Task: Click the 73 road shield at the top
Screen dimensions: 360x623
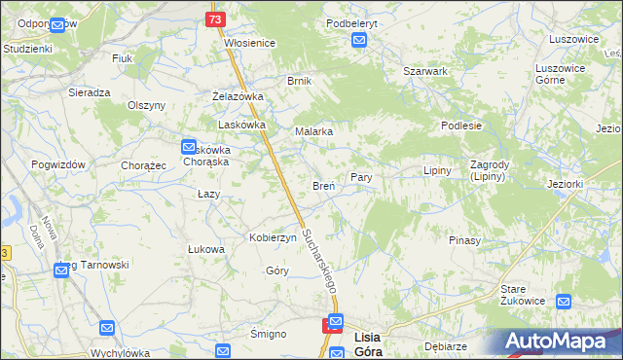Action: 216,19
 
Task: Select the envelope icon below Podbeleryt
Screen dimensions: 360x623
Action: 359,40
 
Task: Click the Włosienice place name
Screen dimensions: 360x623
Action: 250,43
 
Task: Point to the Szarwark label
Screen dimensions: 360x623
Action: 424,71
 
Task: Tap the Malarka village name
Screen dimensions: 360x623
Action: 314,131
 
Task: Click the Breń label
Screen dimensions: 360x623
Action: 323,185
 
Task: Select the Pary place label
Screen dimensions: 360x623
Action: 362,179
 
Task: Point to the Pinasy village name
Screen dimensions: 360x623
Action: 464,239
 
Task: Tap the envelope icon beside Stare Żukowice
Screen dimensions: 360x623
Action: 562,303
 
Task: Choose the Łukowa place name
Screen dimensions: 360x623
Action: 206,249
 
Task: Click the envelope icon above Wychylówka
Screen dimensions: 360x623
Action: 107,328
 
